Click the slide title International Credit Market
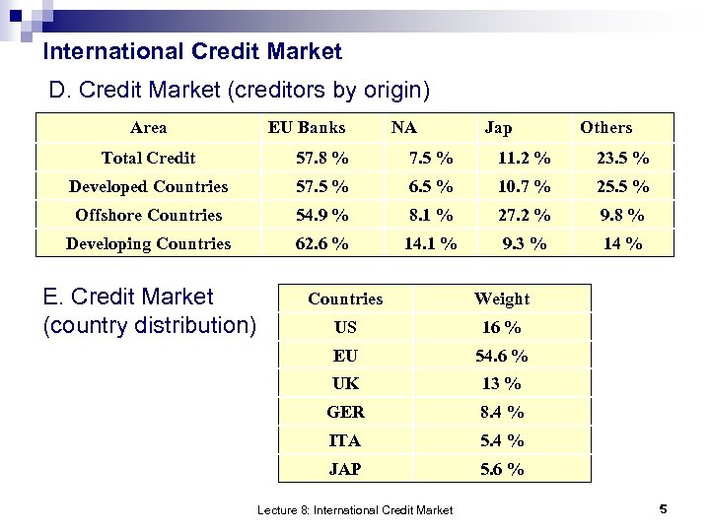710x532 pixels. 193,51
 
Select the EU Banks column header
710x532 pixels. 307,127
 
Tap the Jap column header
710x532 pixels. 498,127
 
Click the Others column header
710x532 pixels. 605,127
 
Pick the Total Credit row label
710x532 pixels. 148,158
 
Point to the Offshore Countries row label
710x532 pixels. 148,215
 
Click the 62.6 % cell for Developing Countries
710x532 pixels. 322,243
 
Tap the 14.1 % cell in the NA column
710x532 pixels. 431,243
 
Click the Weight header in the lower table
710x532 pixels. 501,299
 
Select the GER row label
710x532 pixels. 345,413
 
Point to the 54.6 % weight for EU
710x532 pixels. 502,356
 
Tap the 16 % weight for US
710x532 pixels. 502,327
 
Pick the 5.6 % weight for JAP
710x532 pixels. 502,470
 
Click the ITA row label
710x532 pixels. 345,441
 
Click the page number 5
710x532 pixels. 663,509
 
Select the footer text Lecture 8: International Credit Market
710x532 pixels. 355,510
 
